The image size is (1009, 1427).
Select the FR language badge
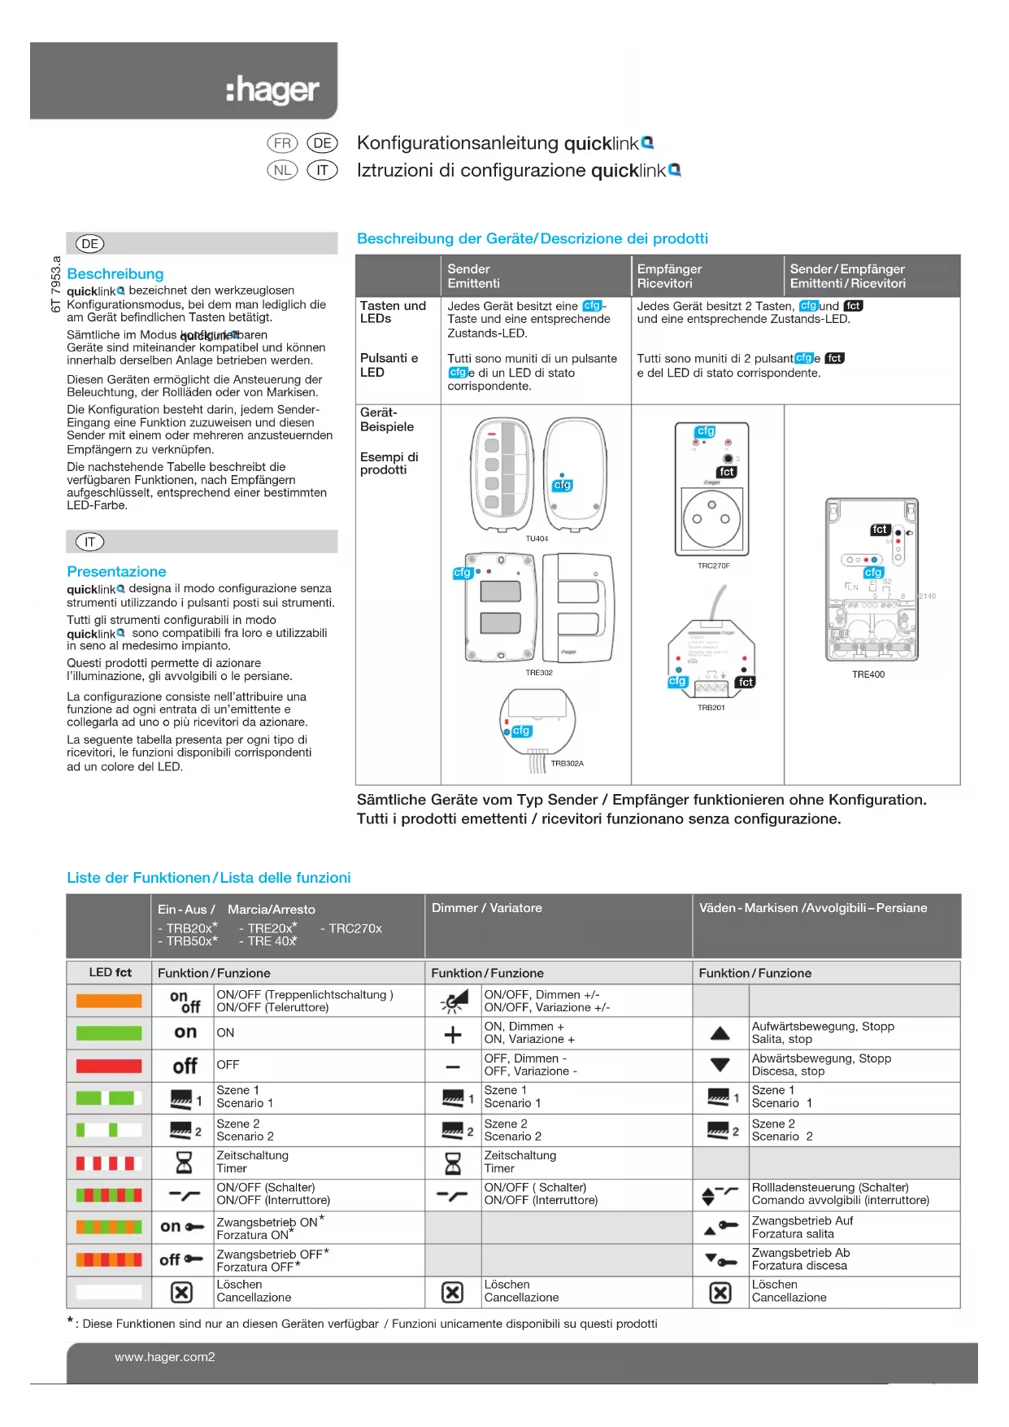click(x=282, y=143)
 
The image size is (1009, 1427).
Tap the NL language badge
click(x=282, y=170)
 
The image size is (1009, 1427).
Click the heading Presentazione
click(x=116, y=572)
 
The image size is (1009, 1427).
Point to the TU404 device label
click(x=537, y=539)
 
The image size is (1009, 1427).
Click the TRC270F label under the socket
click(x=714, y=565)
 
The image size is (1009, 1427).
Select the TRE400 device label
click(x=868, y=674)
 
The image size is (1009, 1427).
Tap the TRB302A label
click(x=568, y=763)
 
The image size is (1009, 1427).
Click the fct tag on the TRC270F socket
click(x=727, y=472)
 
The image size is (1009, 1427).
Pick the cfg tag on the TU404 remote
click(x=563, y=485)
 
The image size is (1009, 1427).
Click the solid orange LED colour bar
click(x=109, y=1002)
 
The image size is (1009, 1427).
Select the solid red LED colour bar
click(x=109, y=1066)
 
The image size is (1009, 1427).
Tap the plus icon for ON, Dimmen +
click(x=453, y=1035)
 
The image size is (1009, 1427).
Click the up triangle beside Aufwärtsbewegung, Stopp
click(x=720, y=1033)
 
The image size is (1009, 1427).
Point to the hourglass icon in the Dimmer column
click(x=453, y=1163)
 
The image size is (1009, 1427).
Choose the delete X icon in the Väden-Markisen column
click(x=720, y=1293)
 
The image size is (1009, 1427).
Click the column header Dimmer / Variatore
click(x=486, y=908)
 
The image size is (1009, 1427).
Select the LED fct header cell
click(x=111, y=972)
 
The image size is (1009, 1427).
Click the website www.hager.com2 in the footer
click(x=165, y=1357)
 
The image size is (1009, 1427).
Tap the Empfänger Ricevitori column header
click(x=669, y=276)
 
